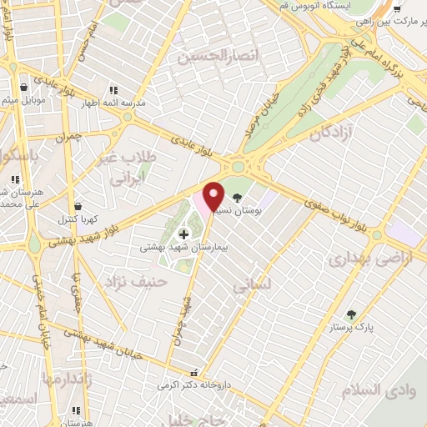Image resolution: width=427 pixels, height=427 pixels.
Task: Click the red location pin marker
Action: coord(213,196)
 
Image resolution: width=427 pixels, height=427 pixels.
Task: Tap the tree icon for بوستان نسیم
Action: coord(239,198)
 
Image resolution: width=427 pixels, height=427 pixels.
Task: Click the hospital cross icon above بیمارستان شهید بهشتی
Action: coord(183,235)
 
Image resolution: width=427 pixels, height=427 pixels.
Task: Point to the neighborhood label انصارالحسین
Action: coord(220,55)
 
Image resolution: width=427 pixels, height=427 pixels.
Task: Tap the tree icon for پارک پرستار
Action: coord(351,314)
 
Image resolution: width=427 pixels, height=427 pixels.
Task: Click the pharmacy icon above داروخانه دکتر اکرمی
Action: coord(195,374)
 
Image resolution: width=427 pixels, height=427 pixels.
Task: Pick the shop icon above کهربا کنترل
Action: coord(78,206)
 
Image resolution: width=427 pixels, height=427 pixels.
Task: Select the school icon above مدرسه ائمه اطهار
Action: coord(113,90)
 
